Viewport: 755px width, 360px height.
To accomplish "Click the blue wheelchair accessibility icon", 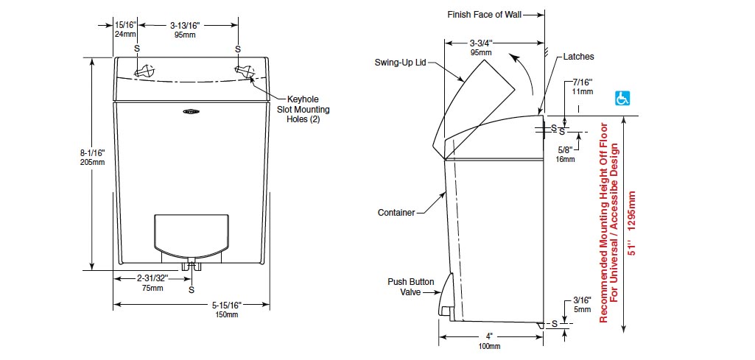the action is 622,98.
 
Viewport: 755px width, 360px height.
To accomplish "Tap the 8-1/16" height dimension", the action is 92,158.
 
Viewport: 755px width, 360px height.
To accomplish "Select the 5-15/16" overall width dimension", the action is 226,309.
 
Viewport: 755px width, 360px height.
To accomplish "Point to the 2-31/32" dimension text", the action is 152,283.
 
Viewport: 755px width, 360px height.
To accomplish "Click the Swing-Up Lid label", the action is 400,63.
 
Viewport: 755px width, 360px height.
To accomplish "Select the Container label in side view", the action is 396,212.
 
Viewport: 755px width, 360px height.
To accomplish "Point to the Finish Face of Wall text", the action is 484,15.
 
